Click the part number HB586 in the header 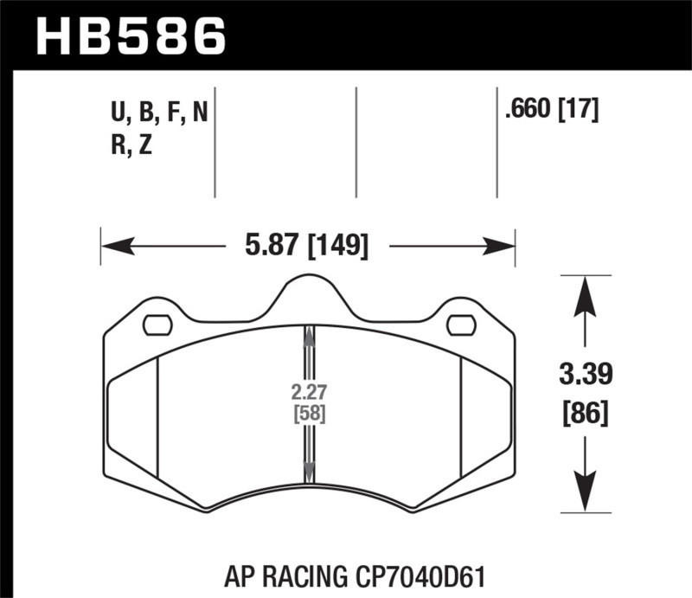pos(130,35)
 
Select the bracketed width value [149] pos(338,248)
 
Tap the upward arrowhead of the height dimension pos(586,292)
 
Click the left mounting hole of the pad pos(157,325)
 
